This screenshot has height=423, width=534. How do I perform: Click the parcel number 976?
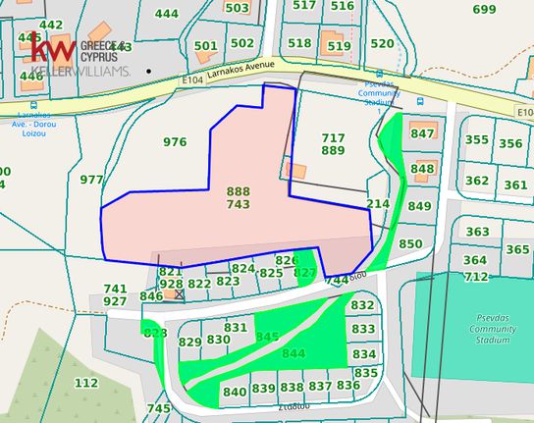[x=175, y=142]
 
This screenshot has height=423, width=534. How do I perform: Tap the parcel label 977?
[x=91, y=180]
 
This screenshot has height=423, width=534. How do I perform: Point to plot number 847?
[x=422, y=133]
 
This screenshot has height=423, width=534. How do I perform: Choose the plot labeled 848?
[x=422, y=169]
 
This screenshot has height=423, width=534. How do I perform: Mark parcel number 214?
[x=378, y=203]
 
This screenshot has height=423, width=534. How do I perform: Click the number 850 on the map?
[x=410, y=243]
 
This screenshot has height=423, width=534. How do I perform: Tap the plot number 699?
[x=484, y=10]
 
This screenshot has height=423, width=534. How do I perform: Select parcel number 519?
[x=339, y=46]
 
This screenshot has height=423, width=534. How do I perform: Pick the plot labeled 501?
[x=206, y=45]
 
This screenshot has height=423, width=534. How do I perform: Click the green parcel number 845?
[x=267, y=337]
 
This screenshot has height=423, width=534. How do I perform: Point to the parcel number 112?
[x=86, y=383]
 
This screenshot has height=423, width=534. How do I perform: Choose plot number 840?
[x=236, y=392]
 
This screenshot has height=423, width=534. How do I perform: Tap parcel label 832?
[x=362, y=305]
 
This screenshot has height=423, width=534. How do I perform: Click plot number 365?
[x=517, y=250]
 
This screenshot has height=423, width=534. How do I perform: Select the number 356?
[x=510, y=143]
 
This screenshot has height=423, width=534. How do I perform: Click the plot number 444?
[x=167, y=14]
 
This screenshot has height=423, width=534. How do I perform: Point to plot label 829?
[x=189, y=342]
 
